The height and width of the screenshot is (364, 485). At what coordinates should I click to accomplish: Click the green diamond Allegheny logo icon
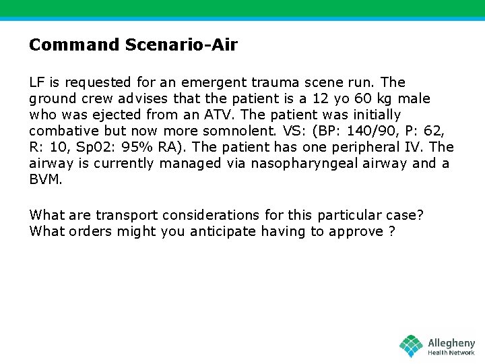point(412,346)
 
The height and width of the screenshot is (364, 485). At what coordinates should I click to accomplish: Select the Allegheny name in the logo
point(451,343)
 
